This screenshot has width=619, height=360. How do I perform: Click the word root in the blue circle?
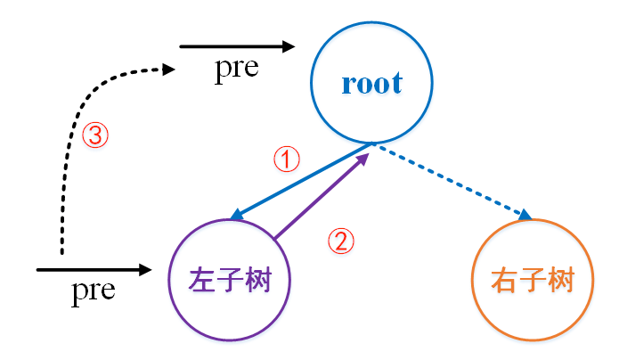click(x=371, y=84)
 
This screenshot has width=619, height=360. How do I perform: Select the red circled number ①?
click(x=286, y=160)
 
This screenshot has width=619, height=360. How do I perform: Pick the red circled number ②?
click(x=342, y=241)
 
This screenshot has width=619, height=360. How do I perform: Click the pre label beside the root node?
click(x=236, y=70)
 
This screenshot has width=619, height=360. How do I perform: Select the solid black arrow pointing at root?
click(x=236, y=46)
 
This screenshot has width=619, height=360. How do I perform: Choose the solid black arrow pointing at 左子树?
click(x=94, y=268)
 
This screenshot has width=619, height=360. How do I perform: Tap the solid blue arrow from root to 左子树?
click(x=303, y=181)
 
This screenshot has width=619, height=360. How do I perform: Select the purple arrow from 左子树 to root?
click(x=321, y=196)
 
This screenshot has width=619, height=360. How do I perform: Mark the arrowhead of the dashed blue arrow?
click(x=525, y=216)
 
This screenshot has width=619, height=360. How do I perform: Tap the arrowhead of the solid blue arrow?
click(x=236, y=217)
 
